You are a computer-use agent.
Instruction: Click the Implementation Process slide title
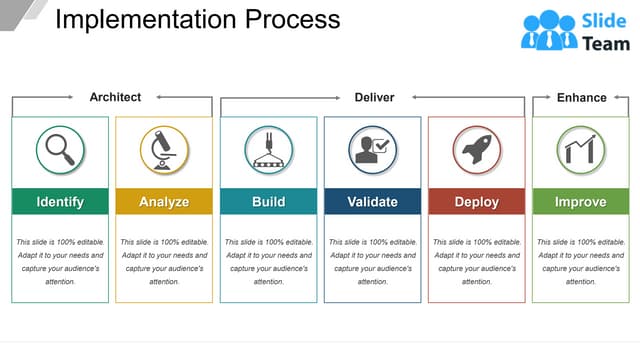[x=197, y=20]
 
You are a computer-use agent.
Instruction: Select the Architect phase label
[x=115, y=97]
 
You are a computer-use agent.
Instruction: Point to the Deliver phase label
[x=374, y=97]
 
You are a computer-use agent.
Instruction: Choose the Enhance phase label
[x=581, y=97]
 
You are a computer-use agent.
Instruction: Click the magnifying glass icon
[x=60, y=150]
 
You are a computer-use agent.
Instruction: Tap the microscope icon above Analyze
[x=164, y=150]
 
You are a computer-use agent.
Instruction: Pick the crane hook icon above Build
[x=268, y=150]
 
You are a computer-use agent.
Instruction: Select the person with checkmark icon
[x=372, y=150]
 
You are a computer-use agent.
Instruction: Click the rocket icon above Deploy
[x=476, y=150]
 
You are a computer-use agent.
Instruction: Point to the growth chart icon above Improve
[x=580, y=150]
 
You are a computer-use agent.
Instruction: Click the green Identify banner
[x=60, y=201]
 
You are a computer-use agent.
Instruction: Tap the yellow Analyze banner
[x=164, y=201]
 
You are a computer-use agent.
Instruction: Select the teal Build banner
[x=268, y=201]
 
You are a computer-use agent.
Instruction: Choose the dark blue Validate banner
[x=372, y=201]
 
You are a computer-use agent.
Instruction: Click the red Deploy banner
[x=476, y=201]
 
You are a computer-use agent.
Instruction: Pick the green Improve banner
[x=580, y=201]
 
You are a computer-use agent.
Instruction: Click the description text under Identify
[x=60, y=262]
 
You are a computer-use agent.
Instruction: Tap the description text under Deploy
[x=476, y=262]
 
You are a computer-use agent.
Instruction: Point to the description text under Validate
[x=372, y=262]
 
